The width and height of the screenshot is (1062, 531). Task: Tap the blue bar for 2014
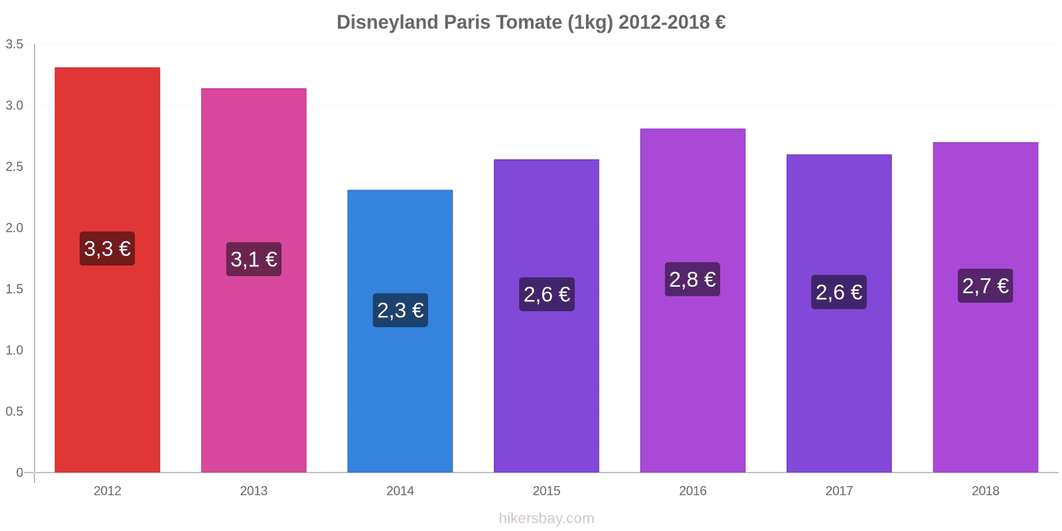(400, 398)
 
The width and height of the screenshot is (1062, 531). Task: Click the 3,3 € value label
(107, 249)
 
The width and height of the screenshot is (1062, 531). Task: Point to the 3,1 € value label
(254, 260)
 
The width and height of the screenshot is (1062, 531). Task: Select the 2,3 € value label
(400, 310)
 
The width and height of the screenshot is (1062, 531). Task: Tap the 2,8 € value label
(692, 279)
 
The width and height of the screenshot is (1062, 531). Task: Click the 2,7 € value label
(985, 286)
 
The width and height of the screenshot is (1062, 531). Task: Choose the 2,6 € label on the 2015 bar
(546, 294)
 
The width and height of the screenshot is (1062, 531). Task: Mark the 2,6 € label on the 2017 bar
(839, 292)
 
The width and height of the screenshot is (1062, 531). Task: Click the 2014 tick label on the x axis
(400, 491)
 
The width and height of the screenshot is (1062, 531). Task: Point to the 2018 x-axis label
(985, 491)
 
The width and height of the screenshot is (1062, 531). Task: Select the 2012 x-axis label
(107, 491)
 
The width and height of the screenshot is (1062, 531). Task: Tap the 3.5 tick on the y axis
(15, 44)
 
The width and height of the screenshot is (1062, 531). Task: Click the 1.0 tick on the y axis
(15, 350)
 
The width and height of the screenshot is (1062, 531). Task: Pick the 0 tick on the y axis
(19, 473)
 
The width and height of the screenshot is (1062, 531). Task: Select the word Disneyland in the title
(387, 23)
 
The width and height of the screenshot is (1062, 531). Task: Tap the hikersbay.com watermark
(546, 518)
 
